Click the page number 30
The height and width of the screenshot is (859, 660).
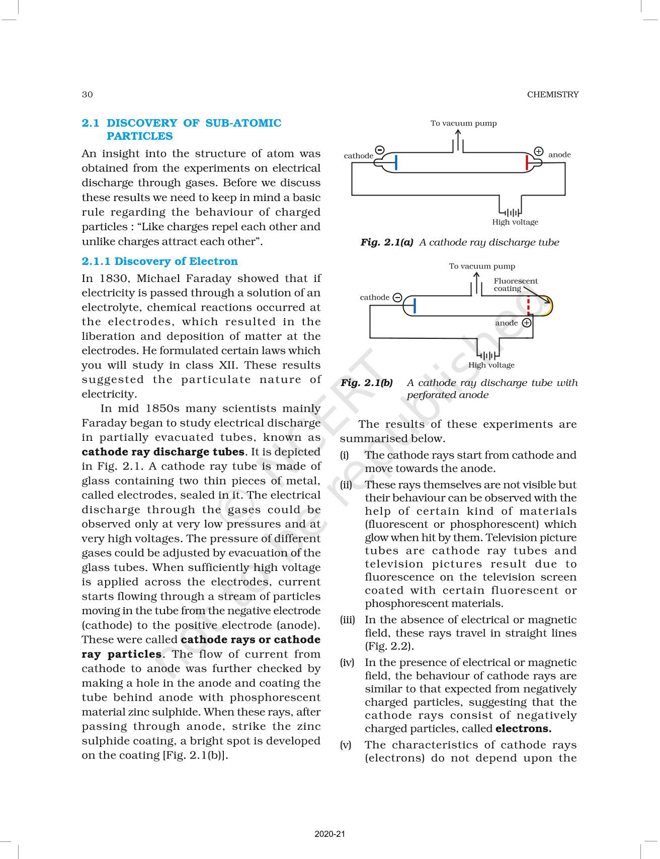click(x=87, y=94)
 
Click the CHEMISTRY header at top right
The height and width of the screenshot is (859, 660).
click(x=552, y=94)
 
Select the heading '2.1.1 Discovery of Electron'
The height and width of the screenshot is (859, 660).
click(x=159, y=261)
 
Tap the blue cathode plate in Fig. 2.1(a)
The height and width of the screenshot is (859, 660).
click(x=396, y=163)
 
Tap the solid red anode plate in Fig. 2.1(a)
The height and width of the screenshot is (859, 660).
click(x=527, y=163)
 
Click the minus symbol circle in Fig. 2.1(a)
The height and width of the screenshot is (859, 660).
click(x=380, y=150)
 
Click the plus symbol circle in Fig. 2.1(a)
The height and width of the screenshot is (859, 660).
click(x=538, y=151)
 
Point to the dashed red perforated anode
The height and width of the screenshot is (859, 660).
click(x=528, y=305)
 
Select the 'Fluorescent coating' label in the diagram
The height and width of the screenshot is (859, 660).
click(x=515, y=284)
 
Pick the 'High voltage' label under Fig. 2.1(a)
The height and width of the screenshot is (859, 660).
click(x=515, y=222)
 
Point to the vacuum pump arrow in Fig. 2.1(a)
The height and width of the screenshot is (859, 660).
click(x=458, y=138)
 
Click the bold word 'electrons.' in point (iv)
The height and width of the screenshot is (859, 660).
click(x=523, y=728)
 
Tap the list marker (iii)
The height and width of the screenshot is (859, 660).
click(x=347, y=620)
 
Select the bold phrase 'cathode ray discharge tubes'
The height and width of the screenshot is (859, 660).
click(x=163, y=451)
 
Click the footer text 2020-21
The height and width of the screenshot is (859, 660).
click(x=330, y=834)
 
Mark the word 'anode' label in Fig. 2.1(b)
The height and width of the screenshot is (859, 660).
click(x=506, y=323)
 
